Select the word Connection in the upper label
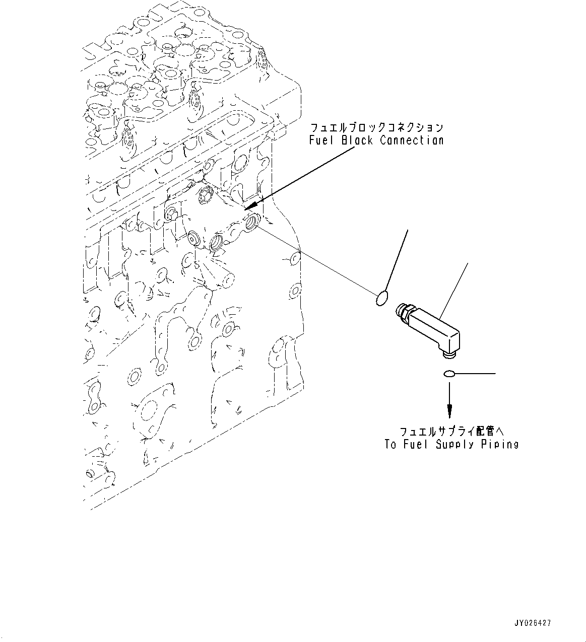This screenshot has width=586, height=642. coord(412,140)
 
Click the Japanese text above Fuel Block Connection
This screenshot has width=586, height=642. coord(376,127)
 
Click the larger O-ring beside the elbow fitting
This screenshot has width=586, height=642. coord(382,299)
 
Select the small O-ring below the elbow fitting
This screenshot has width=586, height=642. coord(449,374)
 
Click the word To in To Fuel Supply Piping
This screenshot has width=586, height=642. coord(390,444)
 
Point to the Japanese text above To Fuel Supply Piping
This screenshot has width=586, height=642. coord(451,432)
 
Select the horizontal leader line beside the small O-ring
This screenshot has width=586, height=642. coord(476,374)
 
